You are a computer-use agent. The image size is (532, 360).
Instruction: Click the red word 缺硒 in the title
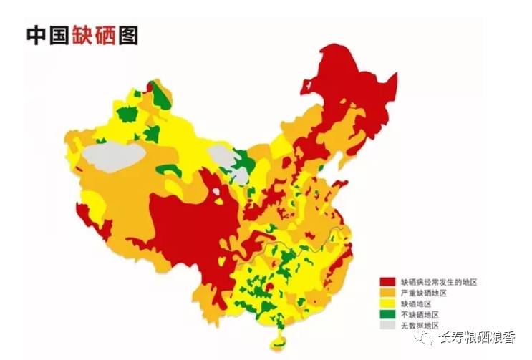tap(95, 35)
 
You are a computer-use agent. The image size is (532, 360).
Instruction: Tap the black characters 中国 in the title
tap(47, 35)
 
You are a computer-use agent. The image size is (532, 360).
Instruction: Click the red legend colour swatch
tap(387, 282)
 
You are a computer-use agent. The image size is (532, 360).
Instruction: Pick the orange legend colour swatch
tap(387, 293)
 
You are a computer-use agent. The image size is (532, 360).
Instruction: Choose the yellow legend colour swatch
tap(387, 303)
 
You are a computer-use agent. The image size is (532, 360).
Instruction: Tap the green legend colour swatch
tap(387, 314)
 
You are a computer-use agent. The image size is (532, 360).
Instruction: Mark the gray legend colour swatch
tap(387, 325)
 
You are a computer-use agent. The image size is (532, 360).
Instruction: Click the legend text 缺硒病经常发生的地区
tap(438, 282)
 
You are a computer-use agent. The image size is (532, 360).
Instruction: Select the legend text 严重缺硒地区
tap(423, 293)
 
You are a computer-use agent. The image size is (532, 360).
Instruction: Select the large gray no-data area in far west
tap(112, 155)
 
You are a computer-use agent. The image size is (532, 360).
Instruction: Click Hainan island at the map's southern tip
tap(277, 335)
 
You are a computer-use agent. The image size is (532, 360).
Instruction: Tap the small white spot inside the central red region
tap(216, 192)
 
